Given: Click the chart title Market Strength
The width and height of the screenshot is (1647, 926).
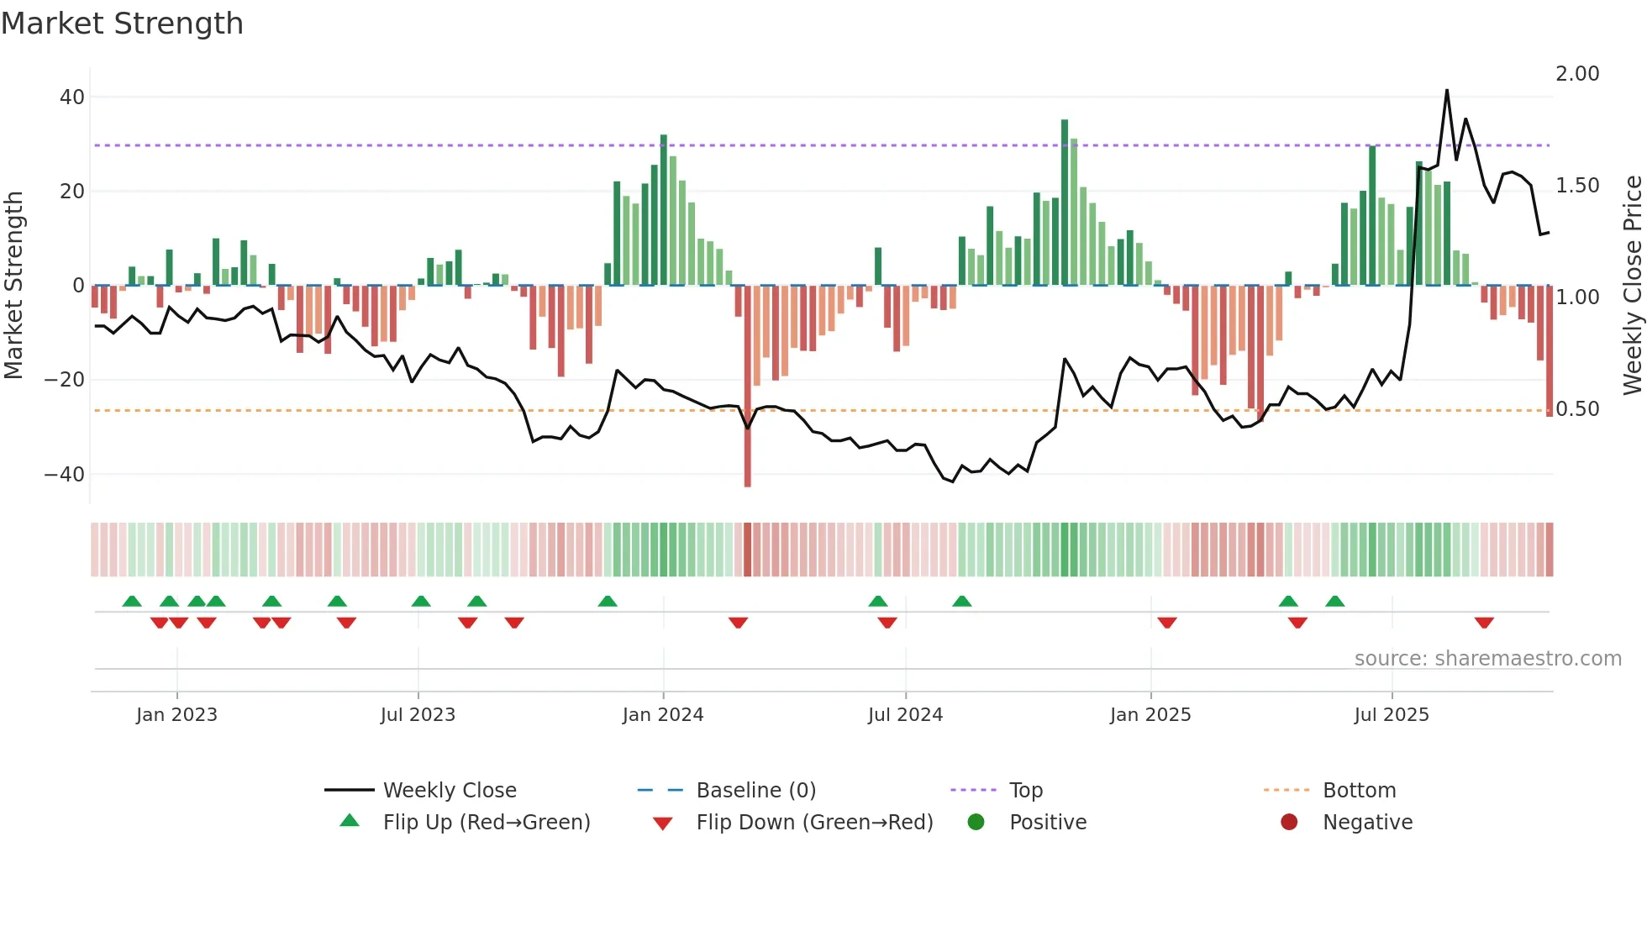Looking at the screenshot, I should (123, 24).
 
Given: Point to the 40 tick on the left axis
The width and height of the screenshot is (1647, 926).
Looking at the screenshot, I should (72, 97).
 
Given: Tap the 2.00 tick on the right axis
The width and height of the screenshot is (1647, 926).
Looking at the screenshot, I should (1577, 74).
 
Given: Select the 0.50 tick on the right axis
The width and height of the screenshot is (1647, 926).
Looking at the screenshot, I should (1577, 409).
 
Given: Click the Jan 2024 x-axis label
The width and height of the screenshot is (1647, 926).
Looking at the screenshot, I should (663, 715).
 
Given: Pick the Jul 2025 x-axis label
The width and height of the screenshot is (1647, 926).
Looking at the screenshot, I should (1392, 715).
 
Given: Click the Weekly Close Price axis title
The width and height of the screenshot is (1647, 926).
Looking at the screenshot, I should (1632, 286).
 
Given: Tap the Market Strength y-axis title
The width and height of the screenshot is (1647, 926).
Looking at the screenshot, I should (14, 286).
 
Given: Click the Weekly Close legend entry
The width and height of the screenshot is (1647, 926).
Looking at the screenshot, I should (450, 791).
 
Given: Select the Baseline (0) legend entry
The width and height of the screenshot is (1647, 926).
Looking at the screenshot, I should (755, 791).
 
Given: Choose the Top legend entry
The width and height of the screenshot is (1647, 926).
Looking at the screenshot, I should (1025, 791).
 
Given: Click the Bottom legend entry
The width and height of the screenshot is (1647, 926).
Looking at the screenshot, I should (1359, 791).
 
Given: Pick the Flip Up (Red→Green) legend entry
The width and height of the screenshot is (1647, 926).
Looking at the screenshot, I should (487, 823).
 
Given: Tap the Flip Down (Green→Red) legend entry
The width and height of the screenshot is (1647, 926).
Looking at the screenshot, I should (814, 823).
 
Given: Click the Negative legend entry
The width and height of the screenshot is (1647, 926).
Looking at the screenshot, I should (1367, 823).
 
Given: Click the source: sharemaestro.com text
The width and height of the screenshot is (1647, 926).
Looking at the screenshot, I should (1487, 659).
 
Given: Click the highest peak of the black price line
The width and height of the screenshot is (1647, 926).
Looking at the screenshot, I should (1446, 91).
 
